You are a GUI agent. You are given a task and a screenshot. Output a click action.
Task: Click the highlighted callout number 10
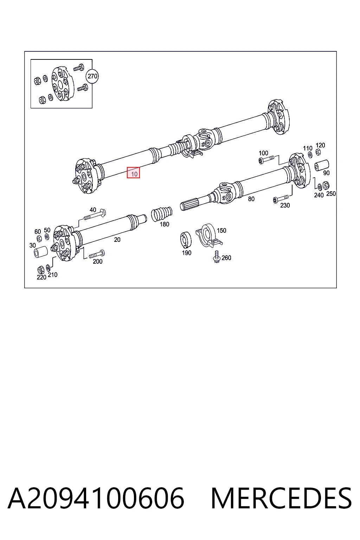point(133,173)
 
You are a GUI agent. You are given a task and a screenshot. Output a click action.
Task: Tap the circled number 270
point(92,76)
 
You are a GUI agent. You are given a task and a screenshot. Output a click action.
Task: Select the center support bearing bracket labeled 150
point(208,236)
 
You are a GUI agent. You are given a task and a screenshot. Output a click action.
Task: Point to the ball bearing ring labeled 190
point(186,240)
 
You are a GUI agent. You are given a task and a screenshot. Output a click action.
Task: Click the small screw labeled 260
point(217,256)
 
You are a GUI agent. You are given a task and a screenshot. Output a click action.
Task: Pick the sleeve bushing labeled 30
point(40,252)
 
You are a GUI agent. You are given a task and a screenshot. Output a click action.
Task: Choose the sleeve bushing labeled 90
point(322,165)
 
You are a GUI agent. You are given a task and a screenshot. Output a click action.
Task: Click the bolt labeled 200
point(97,255)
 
